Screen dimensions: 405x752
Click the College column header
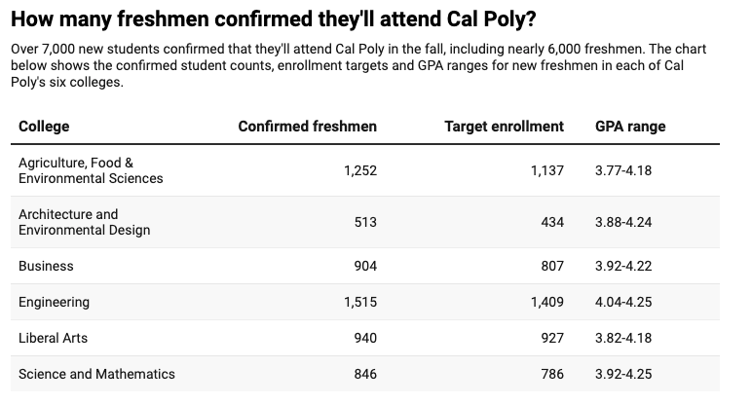[44, 127]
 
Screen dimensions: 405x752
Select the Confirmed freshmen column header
[307, 127]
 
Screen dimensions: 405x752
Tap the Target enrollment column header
[504, 127]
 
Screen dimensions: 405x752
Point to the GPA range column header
[630, 127]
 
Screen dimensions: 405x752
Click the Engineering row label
[54, 302]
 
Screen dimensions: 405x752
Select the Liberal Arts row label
[54, 338]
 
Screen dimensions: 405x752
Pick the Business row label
[46, 266]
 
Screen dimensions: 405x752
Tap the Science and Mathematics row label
[96, 374]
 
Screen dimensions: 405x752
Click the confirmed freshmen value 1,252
[359, 170]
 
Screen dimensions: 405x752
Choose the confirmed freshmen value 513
[365, 222]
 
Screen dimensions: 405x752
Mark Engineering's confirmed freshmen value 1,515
[359, 302]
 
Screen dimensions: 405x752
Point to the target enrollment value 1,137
[546, 170]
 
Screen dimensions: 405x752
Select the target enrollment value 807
[552, 266]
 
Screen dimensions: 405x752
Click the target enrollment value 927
[552, 338]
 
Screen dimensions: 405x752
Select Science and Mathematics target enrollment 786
[552, 374]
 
